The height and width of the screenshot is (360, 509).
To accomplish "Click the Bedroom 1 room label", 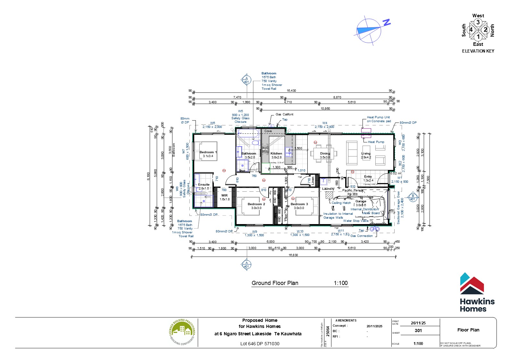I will point(208,152).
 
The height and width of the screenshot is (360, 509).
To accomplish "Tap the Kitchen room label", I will point(276,154).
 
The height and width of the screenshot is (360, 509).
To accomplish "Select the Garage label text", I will point(361,201).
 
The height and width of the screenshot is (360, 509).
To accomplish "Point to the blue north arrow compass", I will point(369,30).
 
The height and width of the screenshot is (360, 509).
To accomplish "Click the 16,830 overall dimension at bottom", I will point(293,255).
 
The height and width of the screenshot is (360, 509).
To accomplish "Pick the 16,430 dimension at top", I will point(291,91).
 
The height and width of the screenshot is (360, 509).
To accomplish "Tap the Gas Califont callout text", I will point(284,114).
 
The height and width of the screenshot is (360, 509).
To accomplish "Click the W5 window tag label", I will point(240,111).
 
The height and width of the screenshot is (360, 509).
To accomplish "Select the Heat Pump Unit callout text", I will point(378,117).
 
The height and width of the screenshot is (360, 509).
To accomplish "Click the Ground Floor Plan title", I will point(275,283).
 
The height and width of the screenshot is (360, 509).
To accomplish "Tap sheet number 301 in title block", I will point(418,331).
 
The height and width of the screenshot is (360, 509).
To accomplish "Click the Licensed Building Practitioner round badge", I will point(182,332).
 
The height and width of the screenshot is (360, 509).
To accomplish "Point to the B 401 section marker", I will point(413,197).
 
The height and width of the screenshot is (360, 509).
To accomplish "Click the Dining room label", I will point(325,154).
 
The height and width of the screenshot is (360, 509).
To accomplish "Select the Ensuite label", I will point(204,185).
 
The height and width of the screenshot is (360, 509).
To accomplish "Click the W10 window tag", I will point(300,231).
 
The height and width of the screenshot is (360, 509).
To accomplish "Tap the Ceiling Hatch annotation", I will point(341,203).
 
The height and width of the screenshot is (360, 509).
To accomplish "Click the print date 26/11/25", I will point(418,323).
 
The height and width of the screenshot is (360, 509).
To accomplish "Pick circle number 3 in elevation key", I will point(478,22).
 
